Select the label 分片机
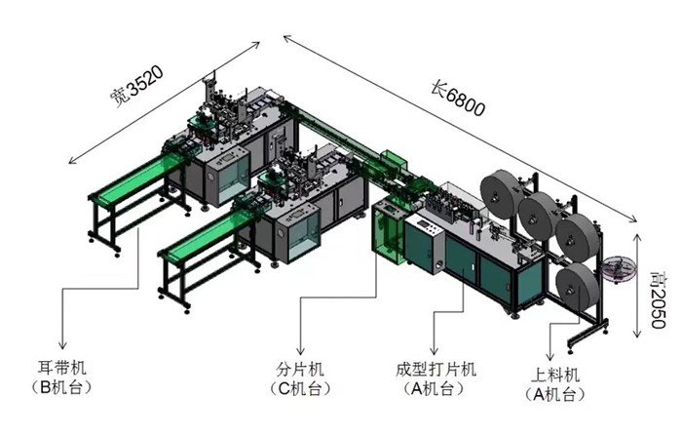[300, 370]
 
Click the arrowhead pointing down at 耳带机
[64, 346]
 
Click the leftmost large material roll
[501, 190]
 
